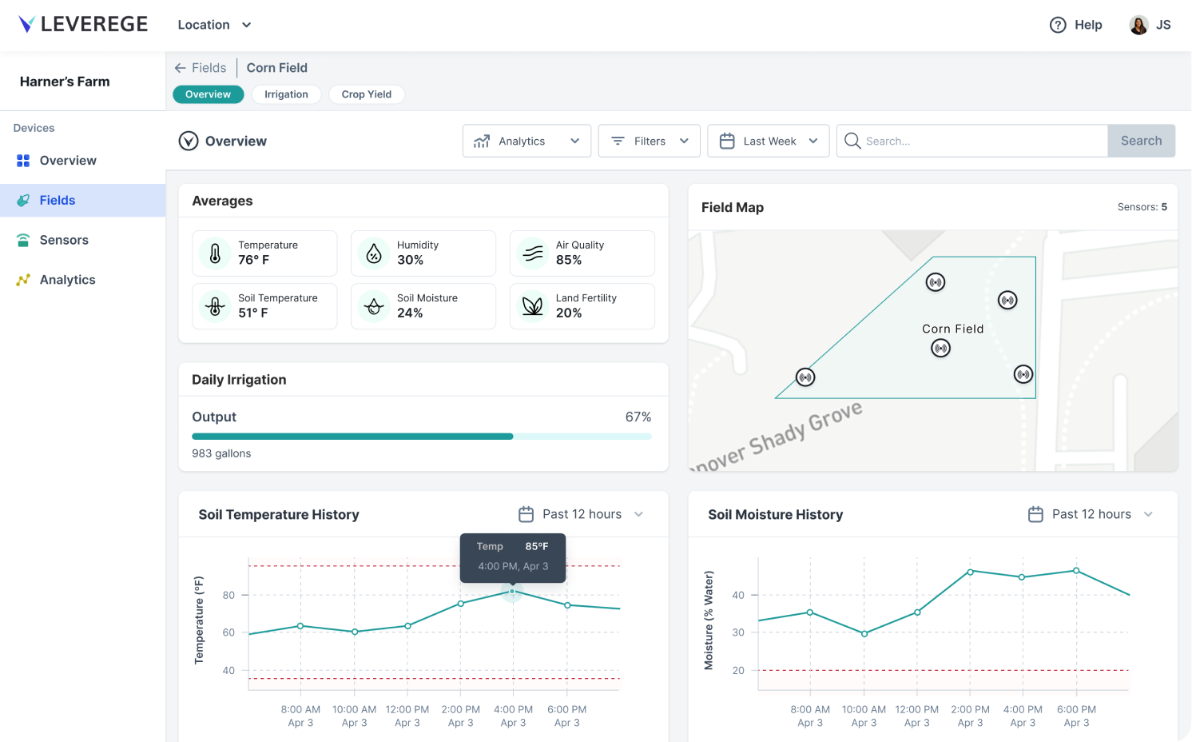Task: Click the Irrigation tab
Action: coord(286,94)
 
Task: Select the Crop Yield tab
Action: coord(366,94)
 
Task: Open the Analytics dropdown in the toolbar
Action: coord(526,141)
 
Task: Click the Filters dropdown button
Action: coord(649,141)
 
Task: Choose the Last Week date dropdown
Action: coord(768,141)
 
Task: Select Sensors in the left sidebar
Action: coord(64,240)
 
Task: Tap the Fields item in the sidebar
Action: coord(58,200)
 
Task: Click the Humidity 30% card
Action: coord(423,253)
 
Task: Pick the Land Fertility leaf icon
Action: coord(532,306)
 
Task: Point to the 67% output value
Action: coord(638,417)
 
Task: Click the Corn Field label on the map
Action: coord(952,329)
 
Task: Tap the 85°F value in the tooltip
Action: coord(536,547)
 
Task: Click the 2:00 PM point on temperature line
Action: coord(461,604)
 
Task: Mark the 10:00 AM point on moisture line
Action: coord(864,633)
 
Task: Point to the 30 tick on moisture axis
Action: coord(738,632)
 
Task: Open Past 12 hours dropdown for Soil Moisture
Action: coord(1091,514)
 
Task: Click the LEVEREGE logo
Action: coord(83,25)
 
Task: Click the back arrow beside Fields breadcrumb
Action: coord(180,68)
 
